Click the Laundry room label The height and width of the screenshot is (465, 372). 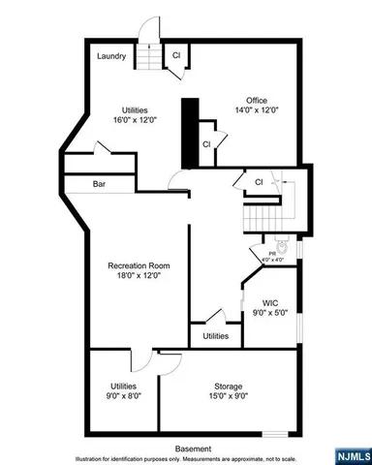point(111,56)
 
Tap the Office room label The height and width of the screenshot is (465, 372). point(257,100)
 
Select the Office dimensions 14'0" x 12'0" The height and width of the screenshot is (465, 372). point(257,110)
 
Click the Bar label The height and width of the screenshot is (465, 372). point(99,183)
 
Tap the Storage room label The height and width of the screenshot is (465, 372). point(230,386)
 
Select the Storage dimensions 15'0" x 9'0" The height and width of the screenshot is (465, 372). point(230,396)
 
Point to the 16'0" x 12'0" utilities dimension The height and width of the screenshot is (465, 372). point(135,120)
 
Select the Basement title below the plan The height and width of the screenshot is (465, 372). point(194,449)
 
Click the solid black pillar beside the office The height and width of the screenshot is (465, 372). point(190,135)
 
